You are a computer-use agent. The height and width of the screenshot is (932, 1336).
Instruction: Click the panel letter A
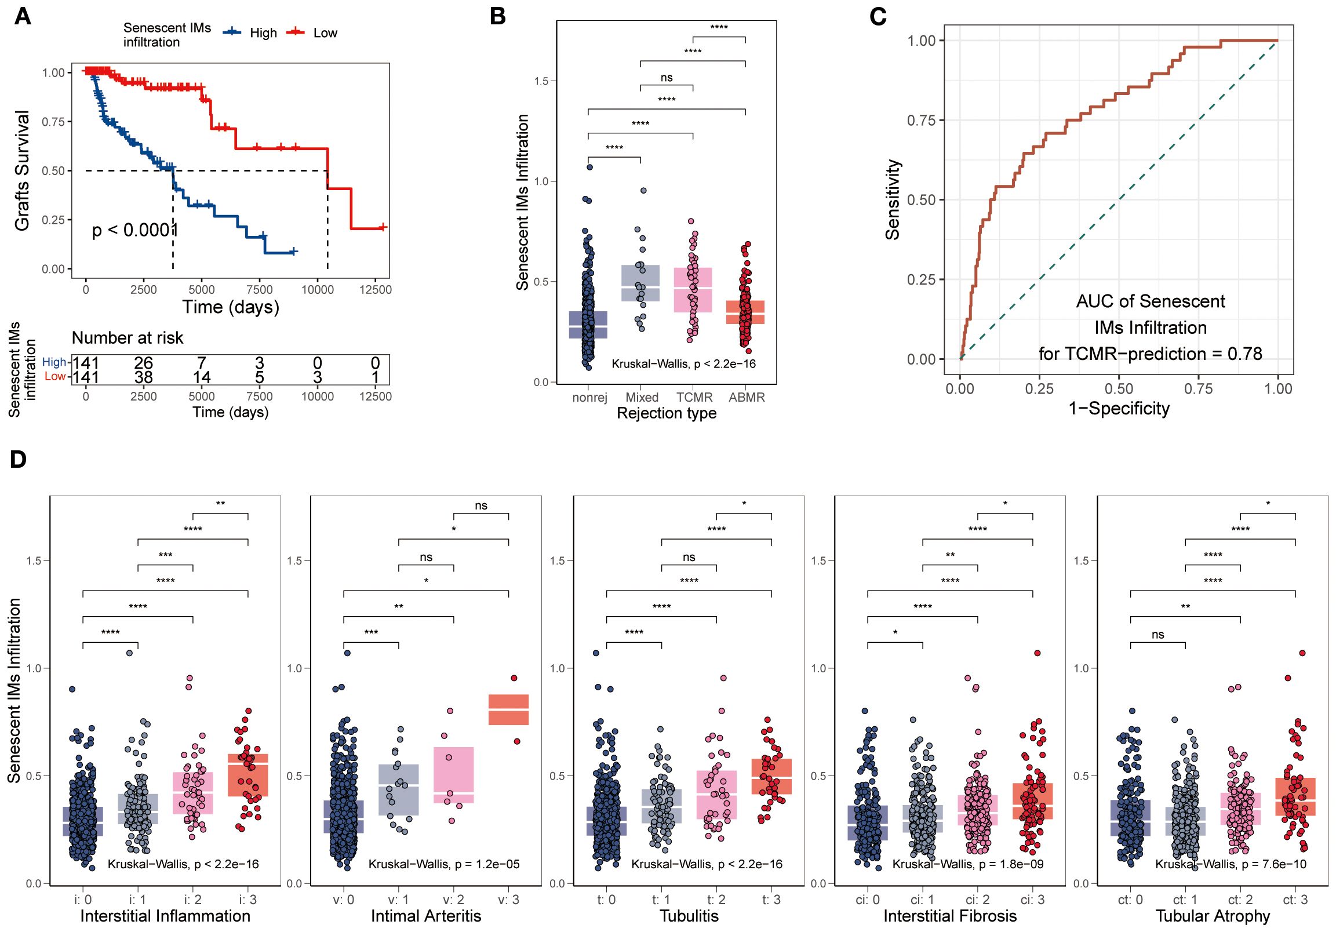point(23,16)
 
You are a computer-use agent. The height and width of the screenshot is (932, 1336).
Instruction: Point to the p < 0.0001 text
point(134,230)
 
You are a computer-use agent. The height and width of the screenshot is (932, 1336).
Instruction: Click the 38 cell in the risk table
point(143,377)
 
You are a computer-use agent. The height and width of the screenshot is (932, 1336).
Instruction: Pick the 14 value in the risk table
point(201,377)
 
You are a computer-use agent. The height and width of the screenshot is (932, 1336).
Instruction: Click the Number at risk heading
point(127,338)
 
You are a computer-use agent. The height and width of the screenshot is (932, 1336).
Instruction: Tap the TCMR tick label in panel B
point(694,398)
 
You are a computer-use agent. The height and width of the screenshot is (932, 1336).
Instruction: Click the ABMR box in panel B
point(746,312)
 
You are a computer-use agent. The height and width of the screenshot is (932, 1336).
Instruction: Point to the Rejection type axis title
point(666,414)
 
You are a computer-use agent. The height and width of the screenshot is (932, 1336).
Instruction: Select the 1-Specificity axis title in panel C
point(1119,409)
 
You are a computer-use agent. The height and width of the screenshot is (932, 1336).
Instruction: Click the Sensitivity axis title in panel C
point(893,199)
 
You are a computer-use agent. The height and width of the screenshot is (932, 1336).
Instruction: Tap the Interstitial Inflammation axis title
point(165,916)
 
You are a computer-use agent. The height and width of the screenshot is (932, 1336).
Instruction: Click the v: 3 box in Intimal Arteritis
point(508,710)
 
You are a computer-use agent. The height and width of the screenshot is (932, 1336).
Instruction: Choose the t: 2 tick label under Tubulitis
point(716,900)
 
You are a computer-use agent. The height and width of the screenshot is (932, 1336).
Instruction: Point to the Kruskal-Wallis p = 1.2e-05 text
point(444,865)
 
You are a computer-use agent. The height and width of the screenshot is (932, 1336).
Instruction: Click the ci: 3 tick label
point(1032,900)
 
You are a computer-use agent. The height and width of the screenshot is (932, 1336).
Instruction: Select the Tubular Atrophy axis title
point(1213,916)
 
